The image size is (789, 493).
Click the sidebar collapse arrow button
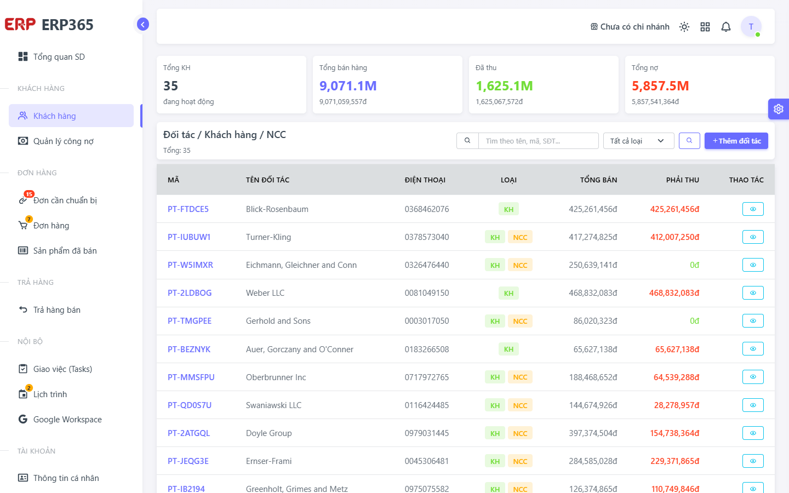[142, 24]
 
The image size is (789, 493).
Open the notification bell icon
[725, 27]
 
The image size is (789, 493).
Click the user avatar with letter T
[751, 26]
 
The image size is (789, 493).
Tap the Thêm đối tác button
[736, 141]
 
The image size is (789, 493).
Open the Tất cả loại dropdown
[639, 141]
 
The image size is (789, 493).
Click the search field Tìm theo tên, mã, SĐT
[538, 141]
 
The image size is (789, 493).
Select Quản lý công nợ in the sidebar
[64, 141]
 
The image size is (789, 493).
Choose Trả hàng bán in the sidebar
[57, 310]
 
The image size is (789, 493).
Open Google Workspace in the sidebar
[67, 420]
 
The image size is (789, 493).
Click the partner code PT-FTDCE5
[188, 209]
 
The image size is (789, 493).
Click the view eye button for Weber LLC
[753, 293]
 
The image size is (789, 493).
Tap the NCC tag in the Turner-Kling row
[520, 237]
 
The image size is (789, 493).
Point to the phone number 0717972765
[426, 377]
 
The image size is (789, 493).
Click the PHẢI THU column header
[682, 180]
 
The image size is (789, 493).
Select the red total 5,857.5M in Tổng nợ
[660, 86]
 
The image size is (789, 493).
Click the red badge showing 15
[29, 194]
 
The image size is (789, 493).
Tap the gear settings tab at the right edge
[779, 109]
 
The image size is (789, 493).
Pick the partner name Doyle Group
[268, 433]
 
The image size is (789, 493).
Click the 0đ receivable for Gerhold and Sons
[694, 321]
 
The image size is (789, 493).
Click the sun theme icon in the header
[684, 27]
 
